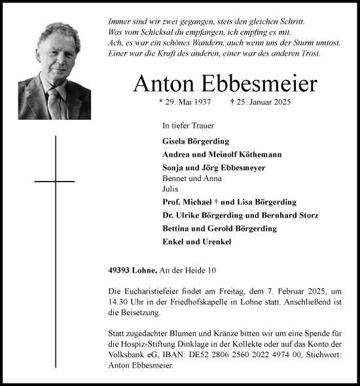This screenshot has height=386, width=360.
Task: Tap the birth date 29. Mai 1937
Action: click(x=187, y=103)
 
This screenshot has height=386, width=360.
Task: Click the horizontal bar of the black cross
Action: click(x=54, y=180)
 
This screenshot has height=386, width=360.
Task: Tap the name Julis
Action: click(x=170, y=188)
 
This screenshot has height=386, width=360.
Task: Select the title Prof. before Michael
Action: click(x=171, y=202)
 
